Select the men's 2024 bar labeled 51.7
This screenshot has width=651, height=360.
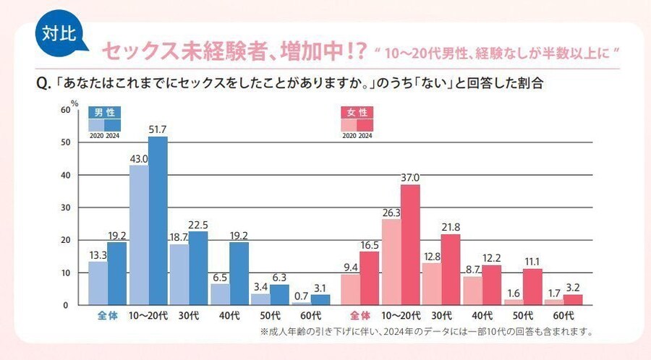[158, 220]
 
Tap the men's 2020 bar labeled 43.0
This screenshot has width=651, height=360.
[139, 235]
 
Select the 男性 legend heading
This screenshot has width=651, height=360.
[104, 113]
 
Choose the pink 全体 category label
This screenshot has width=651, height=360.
[359, 317]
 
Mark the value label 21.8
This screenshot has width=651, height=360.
[451, 226]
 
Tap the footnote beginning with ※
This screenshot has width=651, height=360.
[427, 333]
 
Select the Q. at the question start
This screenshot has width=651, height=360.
[43, 83]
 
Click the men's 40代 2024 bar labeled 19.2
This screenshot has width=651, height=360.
[239, 273]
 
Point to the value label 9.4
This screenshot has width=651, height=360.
[350, 267]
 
